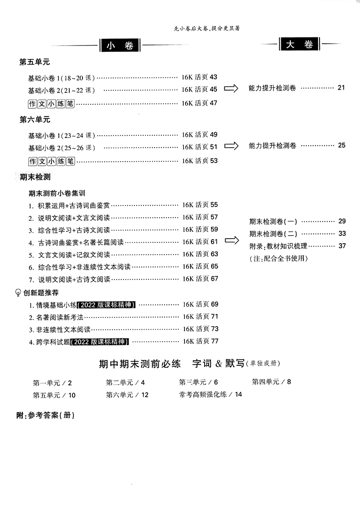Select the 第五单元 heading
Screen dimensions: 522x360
pyautogui.click(x=35, y=62)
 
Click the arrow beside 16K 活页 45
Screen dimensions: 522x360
pyautogui.click(x=231, y=88)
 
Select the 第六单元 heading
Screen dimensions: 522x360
pyautogui.click(x=35, y=120)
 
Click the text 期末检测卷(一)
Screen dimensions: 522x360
pyautogui.click(x=273, y=222)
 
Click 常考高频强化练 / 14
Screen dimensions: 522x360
pyautogui.click(x=211, y=394)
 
